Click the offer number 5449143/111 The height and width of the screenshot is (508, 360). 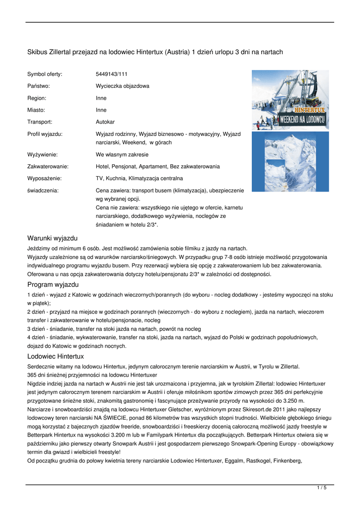111,74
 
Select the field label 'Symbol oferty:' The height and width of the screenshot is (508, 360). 45,74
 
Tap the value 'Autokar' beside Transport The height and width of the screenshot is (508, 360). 105,122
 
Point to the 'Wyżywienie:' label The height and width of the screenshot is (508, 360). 42,154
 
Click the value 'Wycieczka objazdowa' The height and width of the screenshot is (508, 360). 122,86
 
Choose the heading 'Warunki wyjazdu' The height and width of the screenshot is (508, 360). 52,238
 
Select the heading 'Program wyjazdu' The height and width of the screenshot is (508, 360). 53,285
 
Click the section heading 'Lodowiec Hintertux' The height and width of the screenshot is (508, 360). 56,356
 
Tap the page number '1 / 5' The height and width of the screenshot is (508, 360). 322,488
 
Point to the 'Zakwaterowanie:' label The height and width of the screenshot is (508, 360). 48,166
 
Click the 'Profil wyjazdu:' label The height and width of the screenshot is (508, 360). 45,134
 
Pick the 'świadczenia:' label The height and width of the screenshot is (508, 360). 43,190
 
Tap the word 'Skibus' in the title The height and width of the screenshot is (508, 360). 36,52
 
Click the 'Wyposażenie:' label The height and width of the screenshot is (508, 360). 44,178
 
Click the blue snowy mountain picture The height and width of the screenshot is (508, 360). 290,161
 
